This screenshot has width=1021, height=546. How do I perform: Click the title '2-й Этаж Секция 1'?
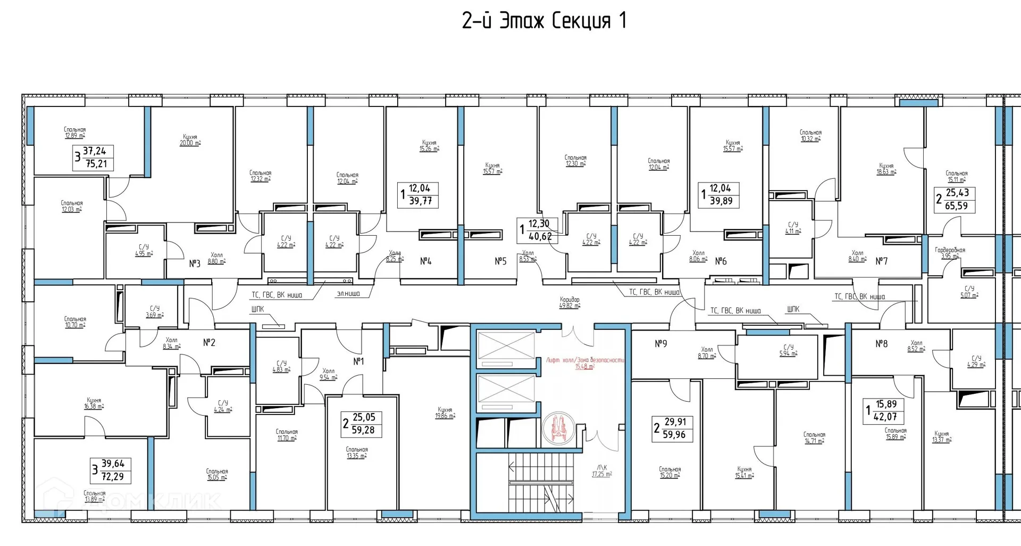[x=544, y=21]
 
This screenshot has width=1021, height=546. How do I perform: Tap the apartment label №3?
[x=195, y=263]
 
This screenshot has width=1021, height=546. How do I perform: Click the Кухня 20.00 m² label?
[x=190, y=140]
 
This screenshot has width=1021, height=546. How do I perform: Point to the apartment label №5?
[x=500, y=261]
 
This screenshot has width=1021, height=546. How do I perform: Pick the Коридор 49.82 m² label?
[x=570, y=303]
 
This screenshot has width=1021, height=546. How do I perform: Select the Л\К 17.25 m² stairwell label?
[x=602, y=471]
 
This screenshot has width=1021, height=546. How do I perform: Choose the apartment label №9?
[x=660, y=344]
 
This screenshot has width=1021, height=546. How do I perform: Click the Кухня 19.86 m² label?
[x=445, y=413]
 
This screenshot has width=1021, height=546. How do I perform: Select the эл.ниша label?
[x=348, y=293]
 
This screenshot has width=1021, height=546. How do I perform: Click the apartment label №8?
[x=882, y=344]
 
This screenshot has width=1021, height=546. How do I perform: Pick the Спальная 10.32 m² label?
[x=810, y=136]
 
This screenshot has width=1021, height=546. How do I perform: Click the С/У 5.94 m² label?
[x=788, y=350]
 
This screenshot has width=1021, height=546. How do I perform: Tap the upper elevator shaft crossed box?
[x=506, y=345]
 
